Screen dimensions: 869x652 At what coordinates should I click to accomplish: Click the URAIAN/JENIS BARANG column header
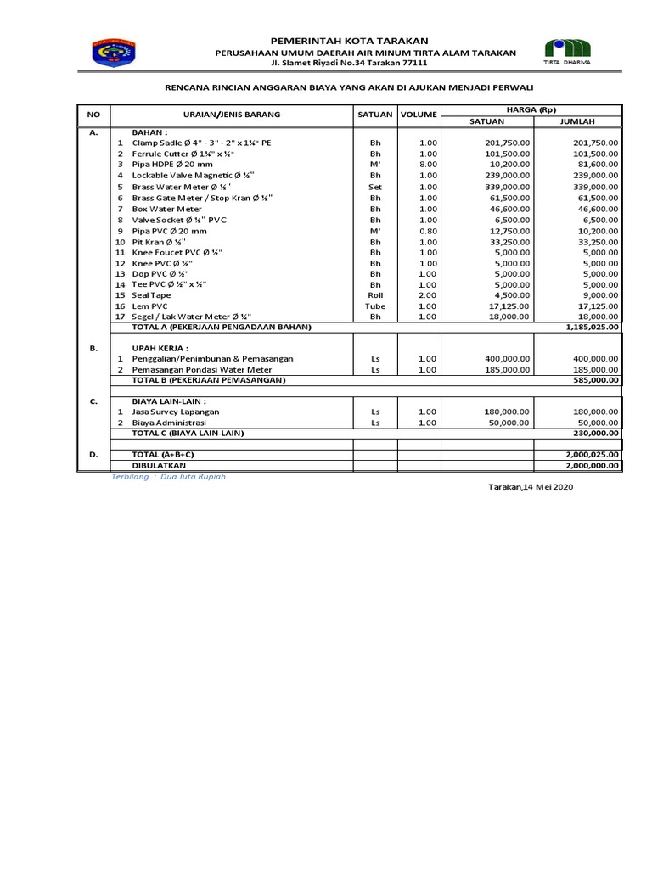[x=232, y=114]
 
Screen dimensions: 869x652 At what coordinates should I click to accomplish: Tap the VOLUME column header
[x=419, y=114]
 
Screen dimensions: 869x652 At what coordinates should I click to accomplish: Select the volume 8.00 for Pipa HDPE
[x=427, y=165]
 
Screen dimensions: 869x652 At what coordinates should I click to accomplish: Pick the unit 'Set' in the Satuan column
[x=375, y=187]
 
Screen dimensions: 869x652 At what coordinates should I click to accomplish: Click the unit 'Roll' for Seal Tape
[x=375, y=295]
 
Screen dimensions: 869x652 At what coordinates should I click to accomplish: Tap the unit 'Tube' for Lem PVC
[x=375, y=306]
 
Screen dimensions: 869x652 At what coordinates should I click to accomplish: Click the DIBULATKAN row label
[x=160, y=466]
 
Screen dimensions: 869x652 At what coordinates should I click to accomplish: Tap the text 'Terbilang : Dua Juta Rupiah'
[x=169, y=477]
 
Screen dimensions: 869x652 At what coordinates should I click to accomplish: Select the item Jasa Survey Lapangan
[x=176, y=412]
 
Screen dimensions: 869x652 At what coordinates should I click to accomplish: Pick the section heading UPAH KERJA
[x=160, y=348]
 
